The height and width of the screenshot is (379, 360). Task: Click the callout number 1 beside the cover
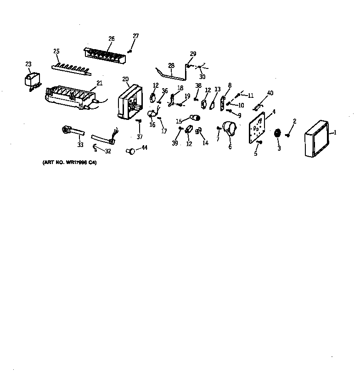(x=335, y=133)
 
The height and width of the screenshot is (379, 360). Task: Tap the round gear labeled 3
(x=277, y=133)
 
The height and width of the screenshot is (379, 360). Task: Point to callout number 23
(x=28, y=64)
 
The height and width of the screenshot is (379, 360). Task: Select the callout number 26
(x=111, y=39)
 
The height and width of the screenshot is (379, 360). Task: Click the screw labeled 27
(x=130, y=51)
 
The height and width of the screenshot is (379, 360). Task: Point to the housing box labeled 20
(x=127, y=101)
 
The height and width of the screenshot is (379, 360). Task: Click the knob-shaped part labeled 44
(x=131, y=150)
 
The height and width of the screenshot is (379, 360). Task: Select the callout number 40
(x=270, y=93)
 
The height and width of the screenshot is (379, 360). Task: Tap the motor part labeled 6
(x=229, y=130)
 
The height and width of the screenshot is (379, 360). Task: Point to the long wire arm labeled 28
(x=172, y=73)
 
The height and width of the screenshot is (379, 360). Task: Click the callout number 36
(x=165, y=91)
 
